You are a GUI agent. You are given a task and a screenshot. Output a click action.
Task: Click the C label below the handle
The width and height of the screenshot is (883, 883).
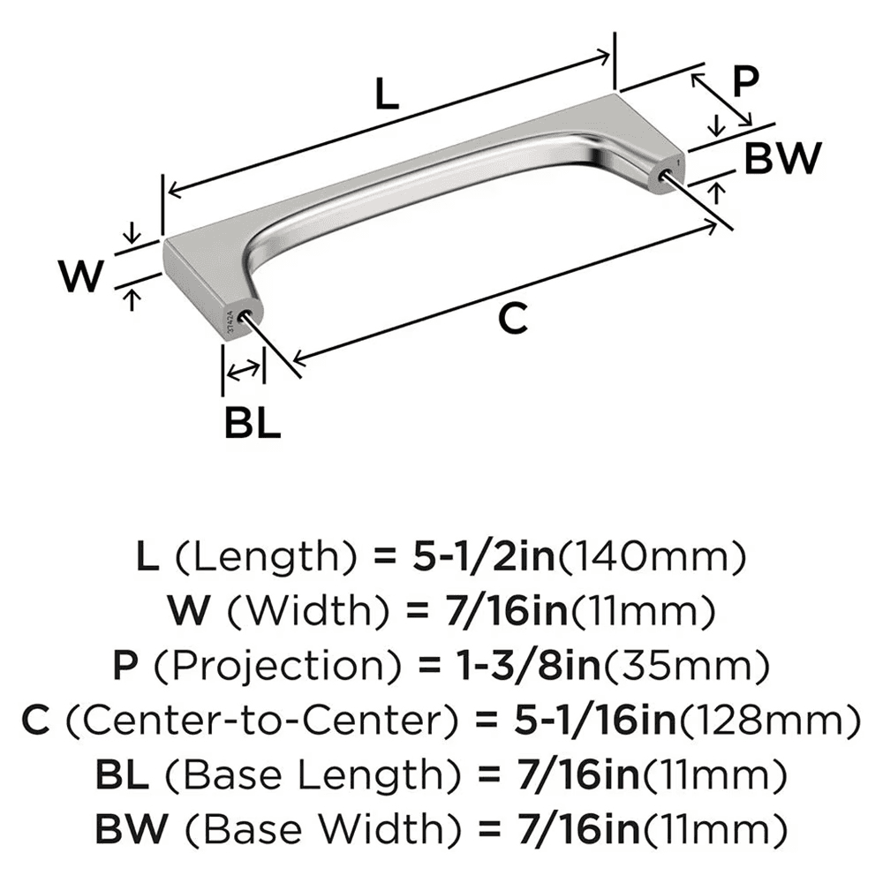pos(512,318)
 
